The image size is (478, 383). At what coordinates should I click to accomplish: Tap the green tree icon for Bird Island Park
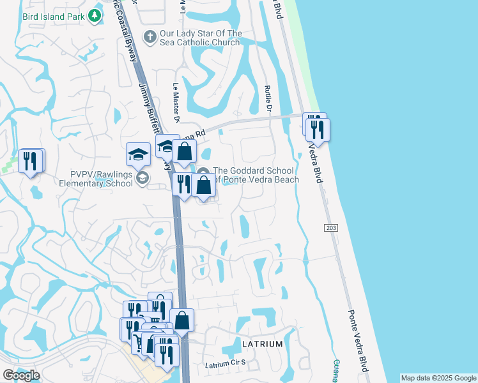[x=95, y=15]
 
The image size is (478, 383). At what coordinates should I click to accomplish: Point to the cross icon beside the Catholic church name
[x=150, y=36]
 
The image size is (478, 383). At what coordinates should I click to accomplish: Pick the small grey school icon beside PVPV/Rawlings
[x=142, y=178]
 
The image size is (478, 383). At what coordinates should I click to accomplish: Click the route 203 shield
[x=330, y=228]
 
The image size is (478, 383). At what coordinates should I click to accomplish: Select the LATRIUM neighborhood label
[x=262, y=344]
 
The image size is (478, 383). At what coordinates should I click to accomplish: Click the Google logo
[x=21, y=375]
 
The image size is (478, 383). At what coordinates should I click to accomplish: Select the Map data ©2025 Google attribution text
[x=438, y=378]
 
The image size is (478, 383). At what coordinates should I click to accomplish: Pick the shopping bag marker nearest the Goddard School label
[x=204, y=186]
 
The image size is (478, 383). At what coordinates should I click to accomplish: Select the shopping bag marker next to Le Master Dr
[x=184, y=152]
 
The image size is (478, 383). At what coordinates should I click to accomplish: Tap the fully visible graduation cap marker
[x=138, y=154]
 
